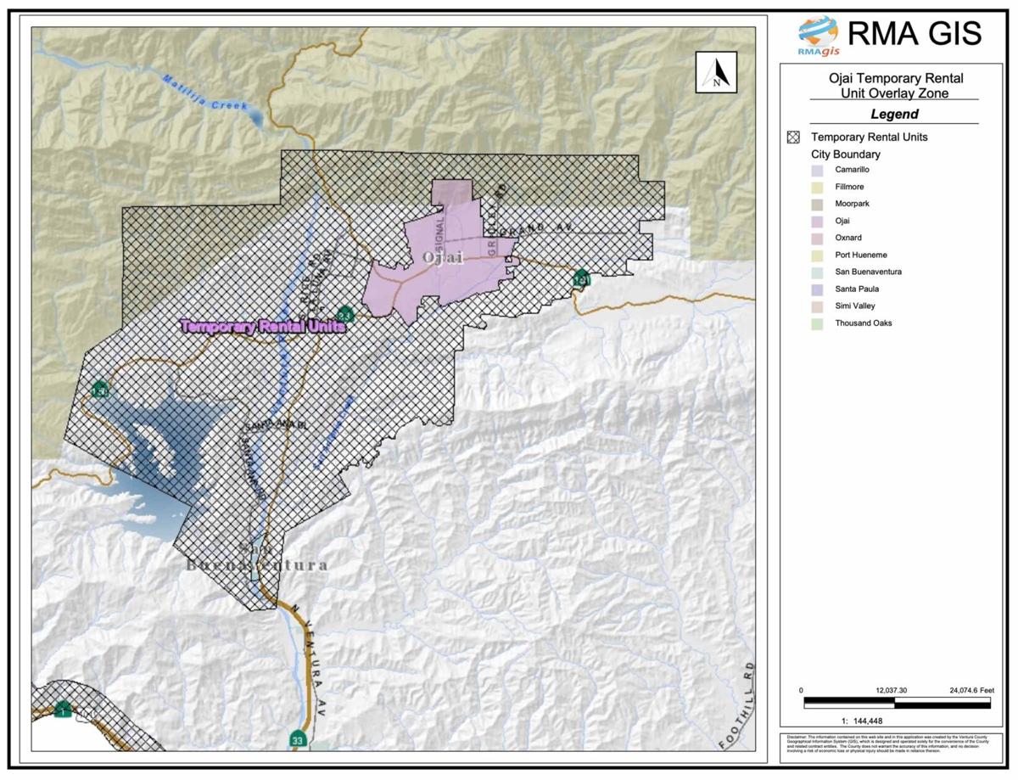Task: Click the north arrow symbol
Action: coord(716,72)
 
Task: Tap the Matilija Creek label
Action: coord(204,93)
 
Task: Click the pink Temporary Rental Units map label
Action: coord(262,326)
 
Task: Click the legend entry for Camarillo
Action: coord(851,170)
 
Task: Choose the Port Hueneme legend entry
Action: coord(860,255)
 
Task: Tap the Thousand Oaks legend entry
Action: coord(863,323)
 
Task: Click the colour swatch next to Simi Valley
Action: coord(816,306)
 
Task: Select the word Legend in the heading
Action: coord(894,114)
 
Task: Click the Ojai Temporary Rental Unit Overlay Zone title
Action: coord(894,86)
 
